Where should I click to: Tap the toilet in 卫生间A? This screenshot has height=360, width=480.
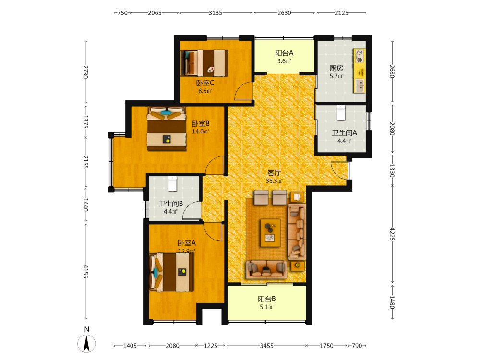[341, 113]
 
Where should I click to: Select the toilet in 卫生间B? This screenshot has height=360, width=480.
[173, 184]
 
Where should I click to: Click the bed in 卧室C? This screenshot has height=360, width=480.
[204, 63]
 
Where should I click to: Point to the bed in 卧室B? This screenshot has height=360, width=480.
[167, 129]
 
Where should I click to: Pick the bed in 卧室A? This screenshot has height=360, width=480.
[171, 273]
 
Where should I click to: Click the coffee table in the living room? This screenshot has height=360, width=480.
[270, 233]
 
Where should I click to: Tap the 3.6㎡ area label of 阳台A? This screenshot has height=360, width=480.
[284, 61]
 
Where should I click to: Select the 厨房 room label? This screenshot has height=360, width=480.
[336, 68]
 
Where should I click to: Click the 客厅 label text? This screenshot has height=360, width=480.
[274, 173]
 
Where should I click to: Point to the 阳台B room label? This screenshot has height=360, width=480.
[266, 299]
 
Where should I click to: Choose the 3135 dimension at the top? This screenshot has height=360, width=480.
[216, 13]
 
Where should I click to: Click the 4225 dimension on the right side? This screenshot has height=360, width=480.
[392, 234]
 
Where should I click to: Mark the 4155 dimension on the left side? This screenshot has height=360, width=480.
[86, 272]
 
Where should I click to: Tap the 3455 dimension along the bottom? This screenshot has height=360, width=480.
[266, 346]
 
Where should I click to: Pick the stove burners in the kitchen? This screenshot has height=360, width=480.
[360, 56]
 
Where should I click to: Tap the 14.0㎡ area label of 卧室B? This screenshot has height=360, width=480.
[200, 132]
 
